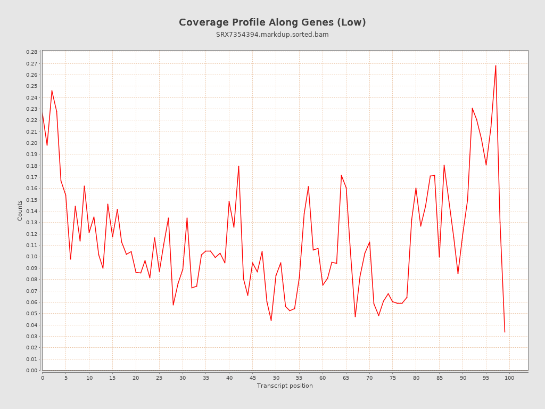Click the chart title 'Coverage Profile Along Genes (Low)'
pyautogui.click(x=272, y=22)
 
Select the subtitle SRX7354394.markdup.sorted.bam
pyautogui.click(x=272, y=35)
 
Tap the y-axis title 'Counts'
pyautogui.click(x=20, y=210)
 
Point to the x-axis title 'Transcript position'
pyautogui.click(x=285, y=386)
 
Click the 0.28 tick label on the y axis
pyautogui.click(x=31, y=52)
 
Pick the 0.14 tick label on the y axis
pyautogui.click(x=31, y=211)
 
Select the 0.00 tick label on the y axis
pyautogui.click(x=31, y=371)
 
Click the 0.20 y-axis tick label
pyautogui.click(x=31, y=143)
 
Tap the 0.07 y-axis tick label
pyautogui.click(x=31, y=291)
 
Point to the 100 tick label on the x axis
pyautogui.click(x=509, y=378)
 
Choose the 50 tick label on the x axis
pyautogui.click(x=276, y=378)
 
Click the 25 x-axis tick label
pyautogui.click(x=159, y=378)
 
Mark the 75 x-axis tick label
pyautogui.click(x=393, y=378)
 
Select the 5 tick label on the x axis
pyautogui.click(x=66, y=378)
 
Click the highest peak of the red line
pyautogui.click(x=496, y=66)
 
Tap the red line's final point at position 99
pyautogui.click(x=505, y=332)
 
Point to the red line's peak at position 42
pyautogui.click(x=238, y=166)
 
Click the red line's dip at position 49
pyautogui.click(x=271, y=320)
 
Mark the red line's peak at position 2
pyautogui.click(x=52, y=91)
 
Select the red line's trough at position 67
pyautogui.click(x=355, y=317)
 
